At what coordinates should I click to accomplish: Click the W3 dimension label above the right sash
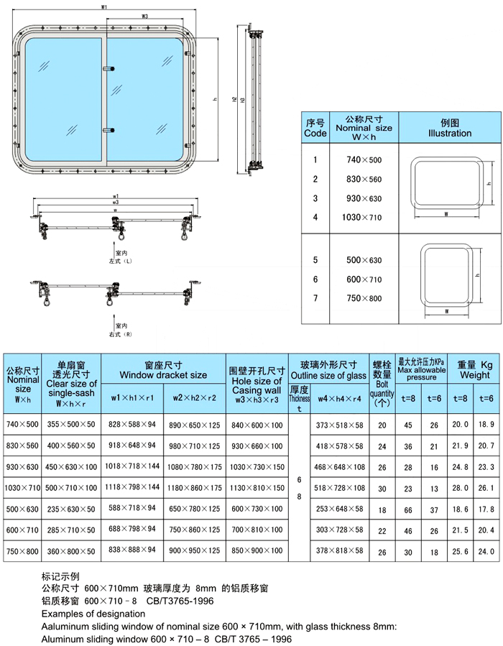[144, 16]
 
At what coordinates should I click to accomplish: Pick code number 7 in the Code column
[315, 298]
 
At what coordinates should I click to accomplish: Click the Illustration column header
[450, 128]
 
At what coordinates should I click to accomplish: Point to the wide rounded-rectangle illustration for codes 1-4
[445, 185]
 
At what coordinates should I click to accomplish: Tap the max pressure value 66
[408, 509]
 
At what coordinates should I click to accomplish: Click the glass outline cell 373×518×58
[340, 425]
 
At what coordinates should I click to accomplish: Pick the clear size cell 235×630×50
[70, 509]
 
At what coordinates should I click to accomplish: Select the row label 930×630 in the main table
[22, 467]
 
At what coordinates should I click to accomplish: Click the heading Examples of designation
[93, 614]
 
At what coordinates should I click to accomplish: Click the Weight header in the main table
[475, 370]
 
